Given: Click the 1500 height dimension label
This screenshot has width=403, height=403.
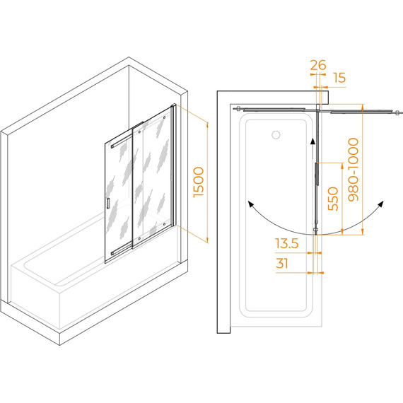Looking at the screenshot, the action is (199, 182).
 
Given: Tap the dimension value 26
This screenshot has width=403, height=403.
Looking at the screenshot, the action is (318, 65).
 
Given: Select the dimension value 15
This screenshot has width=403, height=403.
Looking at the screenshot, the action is (339, 78).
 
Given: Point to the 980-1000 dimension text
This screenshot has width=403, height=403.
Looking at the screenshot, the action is (353, 170).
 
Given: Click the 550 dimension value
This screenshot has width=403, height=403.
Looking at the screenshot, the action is (333, 199).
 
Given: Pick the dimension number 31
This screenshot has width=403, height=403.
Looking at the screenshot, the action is (282, 263).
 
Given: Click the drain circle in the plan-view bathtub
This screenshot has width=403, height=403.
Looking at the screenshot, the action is (276, 134).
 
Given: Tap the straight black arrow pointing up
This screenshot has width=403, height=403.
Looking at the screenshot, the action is (313, 148).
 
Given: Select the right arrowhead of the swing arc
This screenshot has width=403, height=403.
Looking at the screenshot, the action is (380, 204).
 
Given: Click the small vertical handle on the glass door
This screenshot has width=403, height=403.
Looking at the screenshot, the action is (108, 204).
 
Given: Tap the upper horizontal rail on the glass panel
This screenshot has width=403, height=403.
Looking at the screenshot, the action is (127, 140).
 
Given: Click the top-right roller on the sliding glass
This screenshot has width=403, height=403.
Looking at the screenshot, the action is (164, 117).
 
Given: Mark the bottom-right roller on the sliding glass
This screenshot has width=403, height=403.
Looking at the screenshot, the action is (164, 224).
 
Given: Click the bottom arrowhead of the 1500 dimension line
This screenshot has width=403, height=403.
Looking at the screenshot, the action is (207, 240).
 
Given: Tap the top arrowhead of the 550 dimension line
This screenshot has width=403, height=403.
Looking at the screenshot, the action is (342, 165).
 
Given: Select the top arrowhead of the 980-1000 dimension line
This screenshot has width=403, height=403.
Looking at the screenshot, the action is (363, 107).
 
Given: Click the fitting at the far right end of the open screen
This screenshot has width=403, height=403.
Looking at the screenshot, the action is (397, 112).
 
